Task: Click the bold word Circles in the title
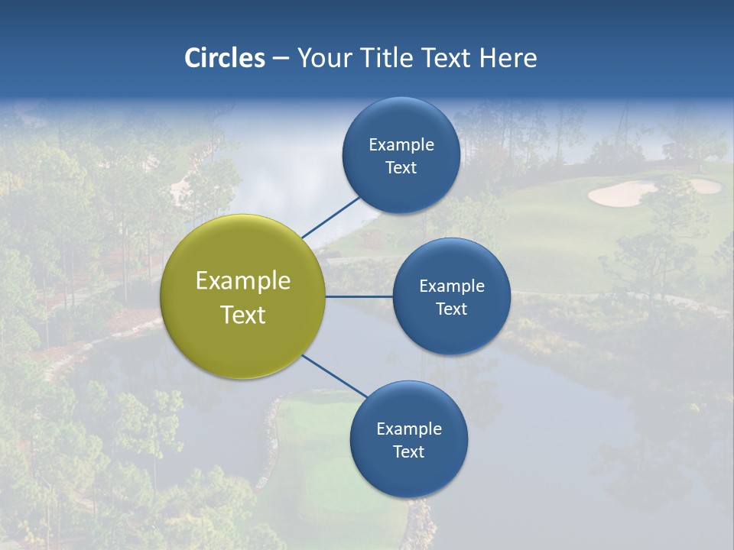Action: click(224, 58)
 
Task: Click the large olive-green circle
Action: click(243, 296)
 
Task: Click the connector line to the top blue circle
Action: click(332, 217)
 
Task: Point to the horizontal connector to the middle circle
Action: click(359, 296)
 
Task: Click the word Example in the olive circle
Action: click(243, 281)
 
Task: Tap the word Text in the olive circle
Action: click(243, 315)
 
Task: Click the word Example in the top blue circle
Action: click(401, 145)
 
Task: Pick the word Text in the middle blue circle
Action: click(451, 309)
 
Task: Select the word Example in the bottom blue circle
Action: click(409, 429)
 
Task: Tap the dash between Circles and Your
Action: click(281, 58)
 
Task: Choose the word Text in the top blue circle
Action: click(401, 167)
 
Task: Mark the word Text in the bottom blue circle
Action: click(408, 451)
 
